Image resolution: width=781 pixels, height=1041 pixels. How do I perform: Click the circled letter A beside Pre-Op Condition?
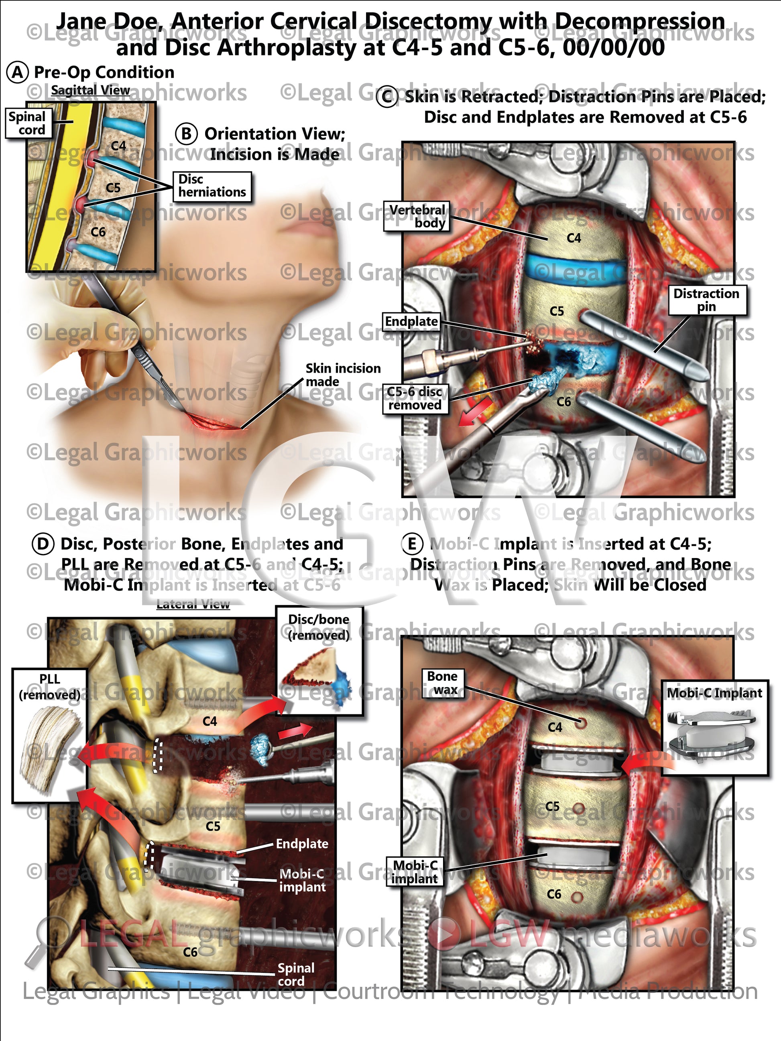coord(17,73)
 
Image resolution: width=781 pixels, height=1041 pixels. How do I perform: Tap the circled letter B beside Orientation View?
coord(187,134)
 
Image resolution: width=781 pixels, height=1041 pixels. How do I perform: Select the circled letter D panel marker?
coord(43,544)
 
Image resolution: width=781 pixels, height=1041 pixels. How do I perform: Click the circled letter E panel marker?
coord(411,544)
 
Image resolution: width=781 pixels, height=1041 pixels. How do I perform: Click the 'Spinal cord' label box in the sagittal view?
coord(27,123)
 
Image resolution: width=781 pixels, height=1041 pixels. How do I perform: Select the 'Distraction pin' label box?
coord(706,300)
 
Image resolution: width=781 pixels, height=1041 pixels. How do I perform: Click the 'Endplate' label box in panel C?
coord(411,321)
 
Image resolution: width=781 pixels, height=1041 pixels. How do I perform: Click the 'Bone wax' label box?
coord(442,683)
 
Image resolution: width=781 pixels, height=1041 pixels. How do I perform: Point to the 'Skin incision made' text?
coord(343,375)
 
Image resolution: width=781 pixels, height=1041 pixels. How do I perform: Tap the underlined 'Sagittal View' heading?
coord(90,90)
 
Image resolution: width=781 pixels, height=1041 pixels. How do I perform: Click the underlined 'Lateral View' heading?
coord(193,604)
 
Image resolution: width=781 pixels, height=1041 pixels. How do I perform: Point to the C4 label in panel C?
coord(574,238)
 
